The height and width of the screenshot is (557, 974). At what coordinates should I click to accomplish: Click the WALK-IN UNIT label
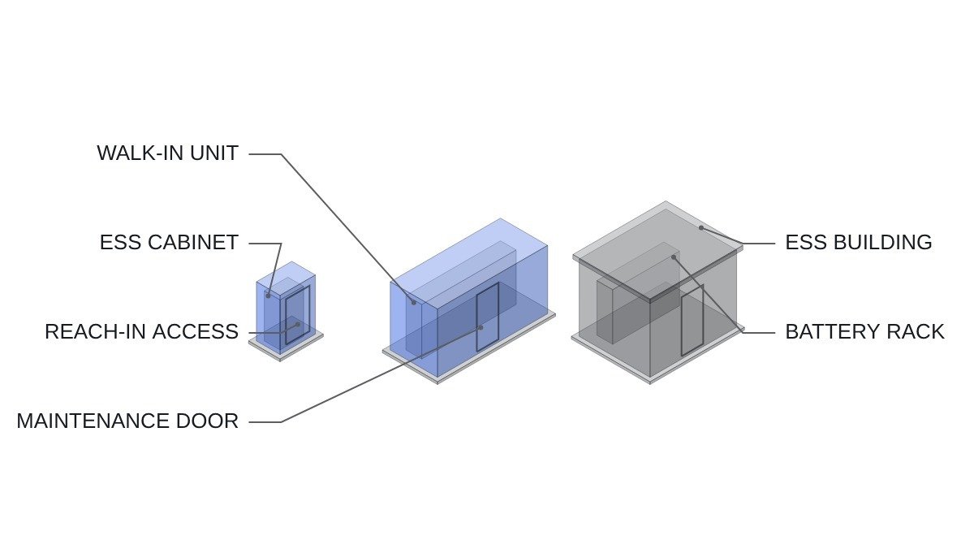167,153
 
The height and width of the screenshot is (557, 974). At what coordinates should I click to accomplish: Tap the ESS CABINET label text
169,243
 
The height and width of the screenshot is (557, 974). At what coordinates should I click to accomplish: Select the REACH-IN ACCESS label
142,332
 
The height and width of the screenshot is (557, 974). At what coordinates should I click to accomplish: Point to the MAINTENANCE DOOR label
127,421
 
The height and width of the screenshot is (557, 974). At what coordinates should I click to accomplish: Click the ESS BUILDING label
859,243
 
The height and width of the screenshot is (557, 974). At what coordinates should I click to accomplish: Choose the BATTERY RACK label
865,332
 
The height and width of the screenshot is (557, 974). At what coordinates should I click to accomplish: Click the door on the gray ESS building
692,321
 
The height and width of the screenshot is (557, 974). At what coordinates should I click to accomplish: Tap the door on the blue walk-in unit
488,317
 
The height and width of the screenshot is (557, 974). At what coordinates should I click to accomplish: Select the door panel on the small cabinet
298,315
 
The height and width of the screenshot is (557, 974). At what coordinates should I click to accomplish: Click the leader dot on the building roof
701,227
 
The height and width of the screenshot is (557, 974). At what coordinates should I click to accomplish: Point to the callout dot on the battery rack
674,257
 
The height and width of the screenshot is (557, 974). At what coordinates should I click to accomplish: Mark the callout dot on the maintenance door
481,327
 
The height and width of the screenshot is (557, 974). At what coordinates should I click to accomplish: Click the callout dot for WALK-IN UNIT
414,303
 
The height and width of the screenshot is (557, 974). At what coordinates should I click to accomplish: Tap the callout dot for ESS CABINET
269,296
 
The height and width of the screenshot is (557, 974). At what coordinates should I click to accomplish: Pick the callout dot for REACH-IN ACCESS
298,324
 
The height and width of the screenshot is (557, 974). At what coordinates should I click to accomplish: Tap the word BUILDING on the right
883,243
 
